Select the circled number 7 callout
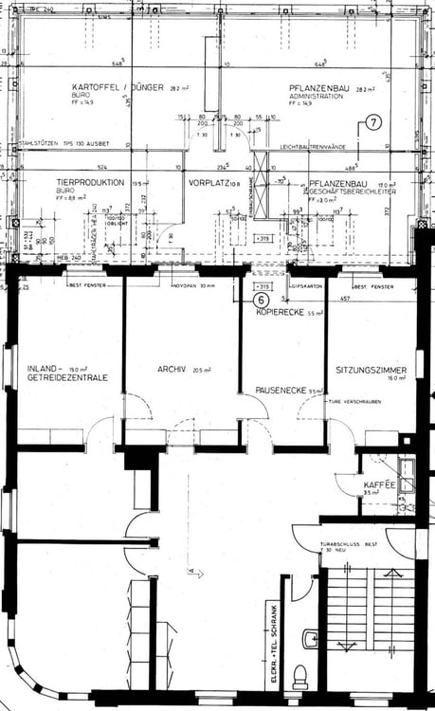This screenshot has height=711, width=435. coord(372,123)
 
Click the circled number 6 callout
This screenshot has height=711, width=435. coord(261,298)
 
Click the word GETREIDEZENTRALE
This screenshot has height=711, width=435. coord(63,377)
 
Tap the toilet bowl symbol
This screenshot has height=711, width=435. coord(300,676)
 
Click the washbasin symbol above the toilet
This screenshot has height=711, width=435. coord(310,639)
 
